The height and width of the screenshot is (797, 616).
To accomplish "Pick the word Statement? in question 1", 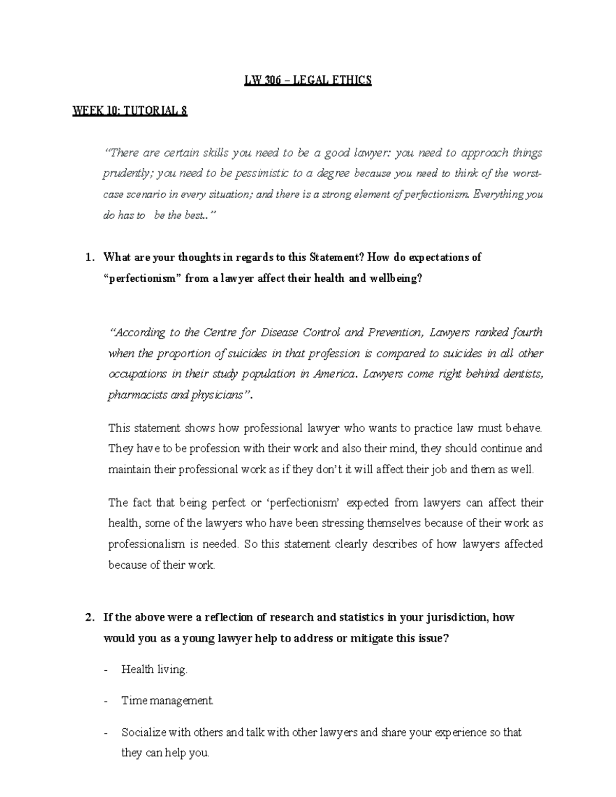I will click(x=337, y=258).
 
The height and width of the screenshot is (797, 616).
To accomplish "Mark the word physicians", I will click(x=217, y=396).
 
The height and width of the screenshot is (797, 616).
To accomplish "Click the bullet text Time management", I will click(x=167, y=700).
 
